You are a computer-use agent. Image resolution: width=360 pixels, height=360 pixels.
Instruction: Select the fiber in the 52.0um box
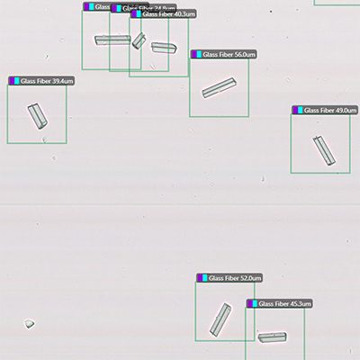tap(220, 319)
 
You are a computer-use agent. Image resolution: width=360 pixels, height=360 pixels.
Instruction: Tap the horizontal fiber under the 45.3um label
tap(272, 337)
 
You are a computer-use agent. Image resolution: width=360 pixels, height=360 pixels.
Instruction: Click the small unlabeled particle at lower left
tap(29, 322)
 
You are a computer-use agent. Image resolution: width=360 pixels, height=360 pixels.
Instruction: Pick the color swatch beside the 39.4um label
tap(14, 81)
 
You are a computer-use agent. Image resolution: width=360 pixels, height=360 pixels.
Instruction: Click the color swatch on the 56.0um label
tap(197, 55)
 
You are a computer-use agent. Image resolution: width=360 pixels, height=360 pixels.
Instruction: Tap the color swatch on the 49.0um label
tap(298, 110)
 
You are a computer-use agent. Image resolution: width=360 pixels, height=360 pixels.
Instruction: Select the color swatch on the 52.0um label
tap(202, 279)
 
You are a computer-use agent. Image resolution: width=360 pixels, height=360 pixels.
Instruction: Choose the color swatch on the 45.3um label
tap(253, 305)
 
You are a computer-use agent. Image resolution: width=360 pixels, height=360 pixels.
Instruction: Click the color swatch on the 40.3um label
tap(137, 14)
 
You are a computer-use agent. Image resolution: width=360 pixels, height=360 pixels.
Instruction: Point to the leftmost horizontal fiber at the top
tap(112, 40)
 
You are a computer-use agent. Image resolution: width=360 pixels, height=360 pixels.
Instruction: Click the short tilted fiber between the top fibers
tap(139, 41)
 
